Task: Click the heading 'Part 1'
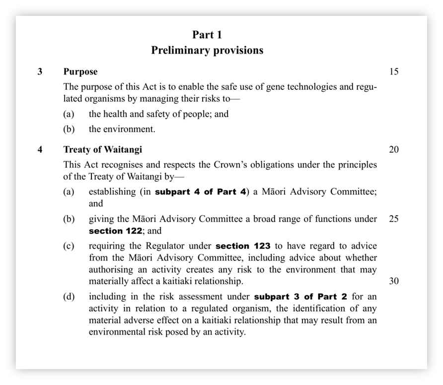(207, 35)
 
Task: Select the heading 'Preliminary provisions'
(207, 50)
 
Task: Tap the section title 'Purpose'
(80, 72)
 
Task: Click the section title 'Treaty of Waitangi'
(103, 150)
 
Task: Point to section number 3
(40, 72)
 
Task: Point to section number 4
(40, 150)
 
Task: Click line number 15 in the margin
(393, 72)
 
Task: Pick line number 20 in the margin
(393, 150)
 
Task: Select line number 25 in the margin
(393, 219)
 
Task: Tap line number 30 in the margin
(393, 281)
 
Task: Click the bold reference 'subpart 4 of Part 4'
(201, 192)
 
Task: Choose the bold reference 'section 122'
(116, 231)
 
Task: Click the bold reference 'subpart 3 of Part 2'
(300, 297)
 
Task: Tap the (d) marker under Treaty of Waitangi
(69, 297)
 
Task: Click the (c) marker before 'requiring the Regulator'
(69, 246)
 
